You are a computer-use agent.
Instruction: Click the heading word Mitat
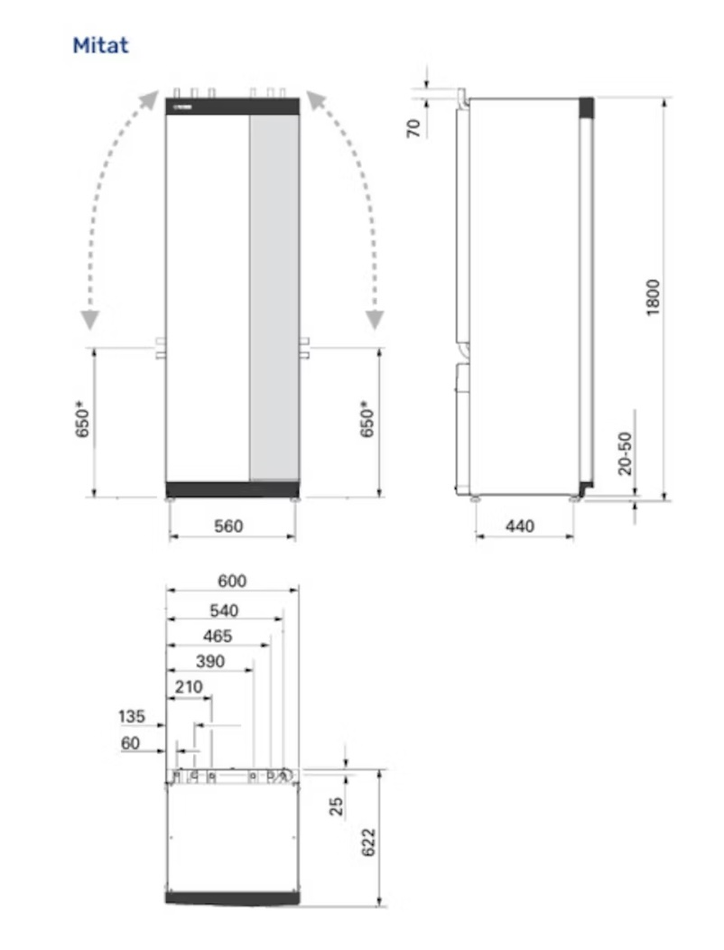[x=100, y=45]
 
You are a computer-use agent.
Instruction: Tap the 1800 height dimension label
[x=653, y=297]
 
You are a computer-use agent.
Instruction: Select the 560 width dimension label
[x=228, y=526]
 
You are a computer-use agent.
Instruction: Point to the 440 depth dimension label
[x=520, y=526]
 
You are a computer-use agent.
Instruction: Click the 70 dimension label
[x=413, y=128]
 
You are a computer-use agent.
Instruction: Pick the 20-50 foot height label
[x=626, y=453]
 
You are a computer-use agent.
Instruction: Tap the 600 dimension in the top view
[x=232, y=581]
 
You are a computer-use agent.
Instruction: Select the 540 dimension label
[x=224, y=610]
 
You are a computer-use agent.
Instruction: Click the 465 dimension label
[x=218, y=636]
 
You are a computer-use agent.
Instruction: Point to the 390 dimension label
[x=210, y=662]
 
